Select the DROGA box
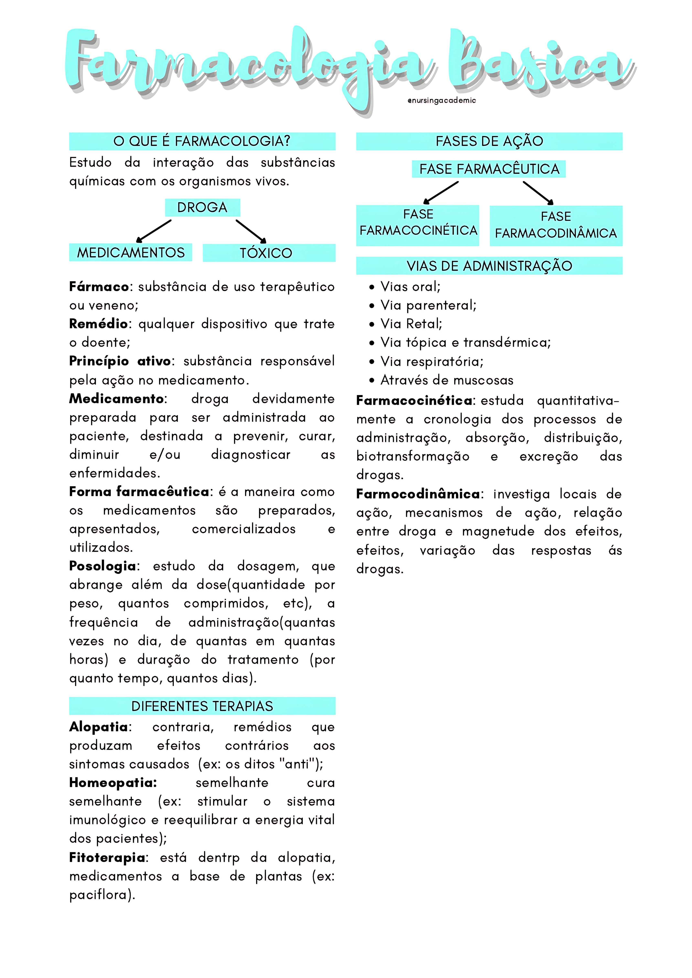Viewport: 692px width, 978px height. (202, 207)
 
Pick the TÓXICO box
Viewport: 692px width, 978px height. (269, 253)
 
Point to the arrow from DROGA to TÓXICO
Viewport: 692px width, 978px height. (251, 231)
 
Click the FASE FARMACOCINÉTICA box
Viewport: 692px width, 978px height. (418, 225)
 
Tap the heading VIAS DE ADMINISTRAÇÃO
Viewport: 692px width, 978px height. (489, 266)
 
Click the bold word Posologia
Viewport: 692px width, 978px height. (102, 566)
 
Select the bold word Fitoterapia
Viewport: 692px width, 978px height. (107, 857)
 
